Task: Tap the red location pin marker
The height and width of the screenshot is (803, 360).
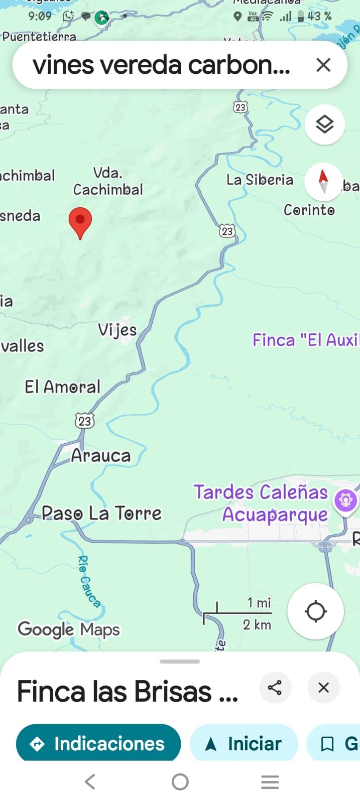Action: [x=80, y=221]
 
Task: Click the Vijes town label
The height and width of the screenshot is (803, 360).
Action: [x=117, y=330]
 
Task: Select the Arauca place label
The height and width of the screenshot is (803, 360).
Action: [x=100, y=456]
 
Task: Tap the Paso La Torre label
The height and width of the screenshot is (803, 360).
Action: [x=101, y=513]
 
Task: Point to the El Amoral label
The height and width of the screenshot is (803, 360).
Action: [x=62, y=387]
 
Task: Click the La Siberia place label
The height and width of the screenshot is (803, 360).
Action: [x=260, y=180]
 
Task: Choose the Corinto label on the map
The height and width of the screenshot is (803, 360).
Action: [x=309, y=210]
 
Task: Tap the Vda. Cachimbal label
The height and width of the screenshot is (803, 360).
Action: [x=108, y=182]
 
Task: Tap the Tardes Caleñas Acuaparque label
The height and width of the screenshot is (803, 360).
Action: [x=261, y=503]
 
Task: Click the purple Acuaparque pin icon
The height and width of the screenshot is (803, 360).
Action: [x=345, y=500]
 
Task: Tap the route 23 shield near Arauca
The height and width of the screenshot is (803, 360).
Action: [x=85, y=421]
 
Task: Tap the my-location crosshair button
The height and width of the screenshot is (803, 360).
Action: [x=315, y=611]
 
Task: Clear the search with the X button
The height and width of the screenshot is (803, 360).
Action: [x=323, y=65]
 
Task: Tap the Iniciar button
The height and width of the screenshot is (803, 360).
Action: [x=244, y=743]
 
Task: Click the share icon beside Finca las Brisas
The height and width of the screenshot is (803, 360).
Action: [x=275, y=688]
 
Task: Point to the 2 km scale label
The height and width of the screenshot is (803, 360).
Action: [x=257, y=625]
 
